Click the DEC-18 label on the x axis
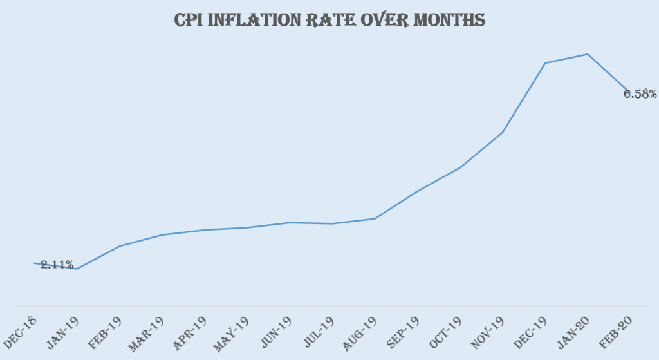click(19, 330)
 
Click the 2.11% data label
click(57, 265)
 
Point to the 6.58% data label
click(640, 94)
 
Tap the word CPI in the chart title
click(191, 21)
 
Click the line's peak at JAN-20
click(587, 54)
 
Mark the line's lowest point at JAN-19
click(77, 269)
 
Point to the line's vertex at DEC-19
click(544, 63)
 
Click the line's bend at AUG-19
click(375, 219)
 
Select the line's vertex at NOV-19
click(502, 132)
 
